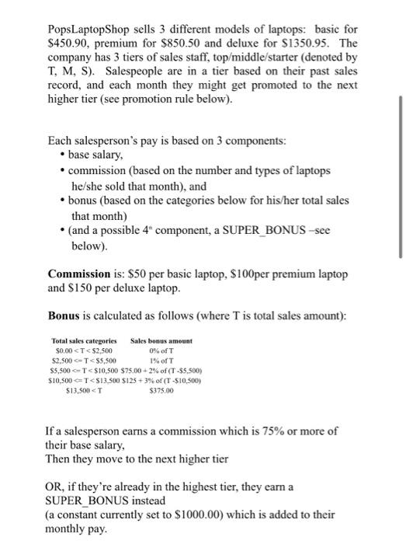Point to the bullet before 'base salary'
[x=62, y=156]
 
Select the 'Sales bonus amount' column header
[x=161, y=341]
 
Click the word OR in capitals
[x=57, y=486]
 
